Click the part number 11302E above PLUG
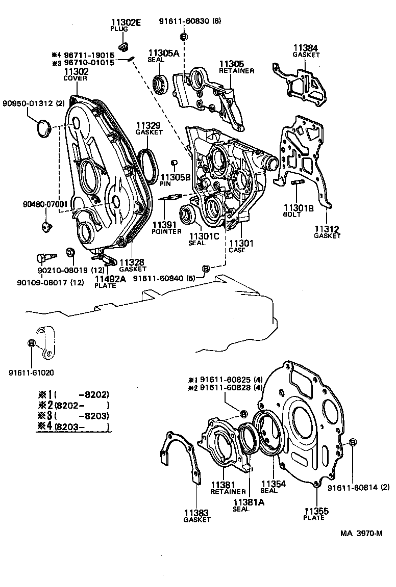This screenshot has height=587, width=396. pyautogui.click(x=127, y=23)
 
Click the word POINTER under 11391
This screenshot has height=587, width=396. pyautogui.click(x=166, y=231)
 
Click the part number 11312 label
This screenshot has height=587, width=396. pyautogui.click(x=327, y=229)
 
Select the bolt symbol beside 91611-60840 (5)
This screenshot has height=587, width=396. pyautogui.click(x=206, y=269)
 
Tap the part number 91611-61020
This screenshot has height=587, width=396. pyautogui.click(x=30, y=372)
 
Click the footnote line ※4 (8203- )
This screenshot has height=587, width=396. pyautogui.click(x=73, y=426)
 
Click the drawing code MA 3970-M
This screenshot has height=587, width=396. pyautogui.click(x=362, y=533)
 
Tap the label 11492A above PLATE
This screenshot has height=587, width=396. pyautogui.click(x=110, y=279)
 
